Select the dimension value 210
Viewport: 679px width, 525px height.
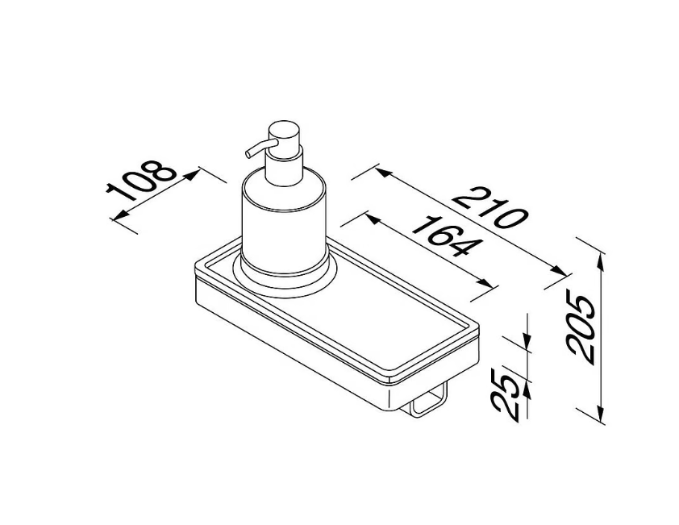coord(490,207)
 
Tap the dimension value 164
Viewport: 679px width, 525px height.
coord(447,236)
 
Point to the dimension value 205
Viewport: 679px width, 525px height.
coord(581,329)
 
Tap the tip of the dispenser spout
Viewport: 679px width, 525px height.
coord(248,153)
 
